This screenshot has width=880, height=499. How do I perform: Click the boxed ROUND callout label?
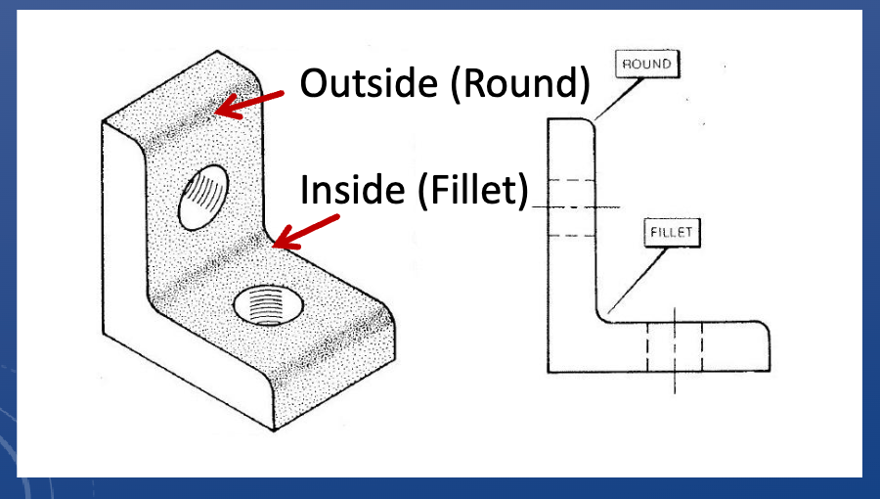pos(646,65)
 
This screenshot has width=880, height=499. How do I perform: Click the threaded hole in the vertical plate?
pos(203,192)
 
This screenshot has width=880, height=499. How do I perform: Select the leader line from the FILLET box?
pos(640,278)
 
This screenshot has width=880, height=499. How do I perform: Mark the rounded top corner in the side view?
pos(589,124)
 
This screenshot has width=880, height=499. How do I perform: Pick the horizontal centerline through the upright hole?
pos(587,207)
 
